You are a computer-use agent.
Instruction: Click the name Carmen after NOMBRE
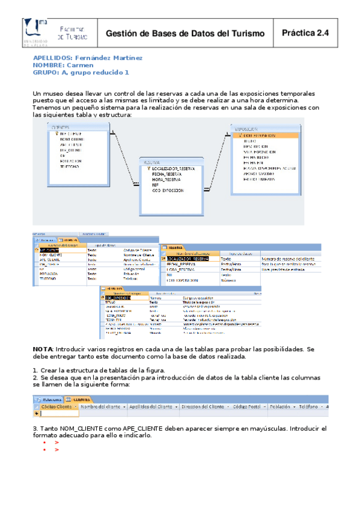click(80, 65)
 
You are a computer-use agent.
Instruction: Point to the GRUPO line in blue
click(81, 72)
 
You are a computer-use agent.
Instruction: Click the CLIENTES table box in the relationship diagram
click(79, 150)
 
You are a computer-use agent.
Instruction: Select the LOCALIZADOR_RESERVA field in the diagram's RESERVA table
click(174, 169)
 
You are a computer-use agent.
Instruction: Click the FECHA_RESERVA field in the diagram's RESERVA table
click(168, 174)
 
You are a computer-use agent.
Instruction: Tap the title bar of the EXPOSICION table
click(264, 129)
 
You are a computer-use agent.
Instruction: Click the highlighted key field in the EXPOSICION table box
click(264, 135)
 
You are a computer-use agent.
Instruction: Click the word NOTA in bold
click(42, 349)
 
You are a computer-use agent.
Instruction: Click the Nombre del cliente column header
click(103, 407)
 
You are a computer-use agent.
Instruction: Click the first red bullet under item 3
click(44, 442)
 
